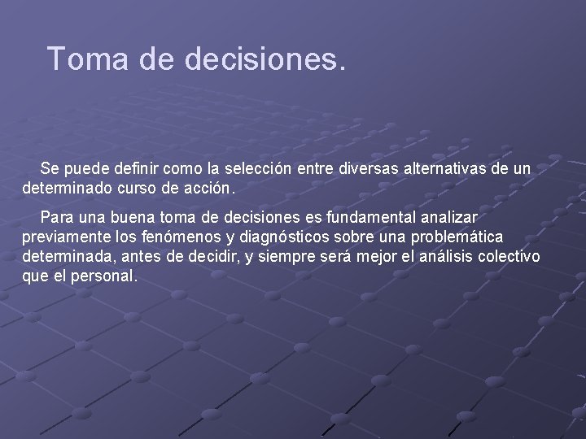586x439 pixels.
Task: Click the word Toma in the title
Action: point(82,59)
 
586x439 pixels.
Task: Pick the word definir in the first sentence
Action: point(135,168)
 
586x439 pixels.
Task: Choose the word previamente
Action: point(66,237)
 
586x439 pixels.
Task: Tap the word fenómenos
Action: point(180,237)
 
